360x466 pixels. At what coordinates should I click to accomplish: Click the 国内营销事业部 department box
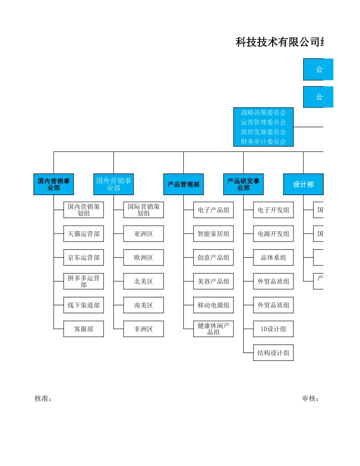(53, 185)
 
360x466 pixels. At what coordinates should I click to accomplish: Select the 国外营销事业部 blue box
(113, 185)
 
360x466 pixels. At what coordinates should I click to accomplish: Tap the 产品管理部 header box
(183, 185)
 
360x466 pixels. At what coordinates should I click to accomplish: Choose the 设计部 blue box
(303, 185)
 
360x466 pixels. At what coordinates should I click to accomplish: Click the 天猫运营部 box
(83, 234)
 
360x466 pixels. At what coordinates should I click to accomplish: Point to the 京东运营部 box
(83, 258)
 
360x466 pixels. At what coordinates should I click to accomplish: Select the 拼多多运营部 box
(83, 281)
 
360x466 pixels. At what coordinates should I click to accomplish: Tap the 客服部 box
(83, 329)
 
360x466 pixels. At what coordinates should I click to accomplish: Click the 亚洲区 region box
(143, 234)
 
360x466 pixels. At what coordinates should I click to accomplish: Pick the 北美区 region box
(143, 281)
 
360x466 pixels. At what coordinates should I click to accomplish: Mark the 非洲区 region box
(143, 329)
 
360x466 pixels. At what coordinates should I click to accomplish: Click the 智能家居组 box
(213, 234)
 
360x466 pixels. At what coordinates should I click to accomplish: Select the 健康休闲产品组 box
(213, 329)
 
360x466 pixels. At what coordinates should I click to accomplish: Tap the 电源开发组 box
(273, 234)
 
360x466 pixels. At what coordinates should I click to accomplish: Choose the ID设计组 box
(273, 329)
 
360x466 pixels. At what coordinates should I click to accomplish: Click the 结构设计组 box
(273, 353)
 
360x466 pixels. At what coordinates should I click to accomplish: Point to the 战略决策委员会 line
(263, 113)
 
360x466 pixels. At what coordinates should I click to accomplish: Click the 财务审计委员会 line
(263, 142)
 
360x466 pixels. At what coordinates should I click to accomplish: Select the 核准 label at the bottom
(43, 399)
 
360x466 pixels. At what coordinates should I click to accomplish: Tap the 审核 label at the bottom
(310, 399)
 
